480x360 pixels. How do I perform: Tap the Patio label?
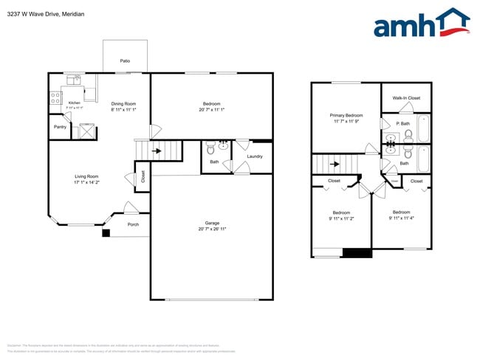(x=126, y=61)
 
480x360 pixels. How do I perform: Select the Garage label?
(x=212, y=223)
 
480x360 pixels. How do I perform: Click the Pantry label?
(x=61, y=127)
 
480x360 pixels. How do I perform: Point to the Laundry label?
(x=255, y=156)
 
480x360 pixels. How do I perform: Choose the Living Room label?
(x=86, y=176)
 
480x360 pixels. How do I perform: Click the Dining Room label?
(x=123, y=104)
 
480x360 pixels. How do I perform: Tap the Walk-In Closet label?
(x=406, y=97)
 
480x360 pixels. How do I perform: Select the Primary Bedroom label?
(x=346, y=115)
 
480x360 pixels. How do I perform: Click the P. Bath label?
(x=403, y=123)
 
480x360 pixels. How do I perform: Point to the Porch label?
(x=133, y=224)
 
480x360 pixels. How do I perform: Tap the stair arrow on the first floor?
(x=157, y=150)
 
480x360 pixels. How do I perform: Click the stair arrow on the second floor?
(x=335, y=164)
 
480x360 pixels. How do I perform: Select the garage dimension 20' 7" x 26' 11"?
(x=212, y=229)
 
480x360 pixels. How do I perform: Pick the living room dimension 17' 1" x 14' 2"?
(x=86, y=182)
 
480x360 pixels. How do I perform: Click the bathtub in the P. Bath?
(x=424, y=128)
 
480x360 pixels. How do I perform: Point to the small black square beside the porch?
(x=106, y=233)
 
